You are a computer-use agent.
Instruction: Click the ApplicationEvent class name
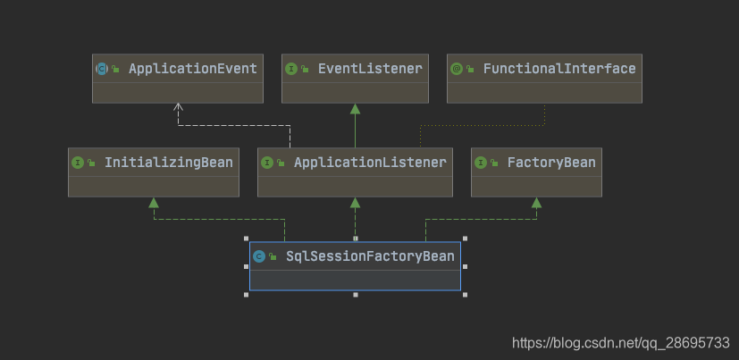[x=192, y=68]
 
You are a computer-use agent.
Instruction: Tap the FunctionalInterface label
[x=558, y=68]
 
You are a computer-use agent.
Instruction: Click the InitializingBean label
[x=168, y=162]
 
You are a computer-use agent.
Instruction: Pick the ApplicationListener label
[x=369, y=162]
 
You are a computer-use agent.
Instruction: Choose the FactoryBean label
[x=550, y=162]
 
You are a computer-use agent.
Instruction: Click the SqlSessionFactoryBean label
[x=370, y=256]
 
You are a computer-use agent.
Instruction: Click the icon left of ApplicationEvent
[x=101, y=69]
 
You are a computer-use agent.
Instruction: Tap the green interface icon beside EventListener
[x=290, y=69]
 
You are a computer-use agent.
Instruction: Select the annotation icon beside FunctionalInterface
[x=456, y=69]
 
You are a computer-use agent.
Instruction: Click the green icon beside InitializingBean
[x=77, y=163]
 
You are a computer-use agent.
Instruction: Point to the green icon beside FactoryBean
[x=481, y=163]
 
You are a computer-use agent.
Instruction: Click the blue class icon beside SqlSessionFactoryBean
[x=258, y=257]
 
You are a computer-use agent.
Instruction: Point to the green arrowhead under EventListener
[x=355, y=108]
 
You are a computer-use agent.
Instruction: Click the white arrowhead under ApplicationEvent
[x=178, y=107]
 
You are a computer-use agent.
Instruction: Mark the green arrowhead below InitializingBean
[x=154, y=203]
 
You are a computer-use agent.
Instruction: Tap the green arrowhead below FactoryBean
[x=536, y=203]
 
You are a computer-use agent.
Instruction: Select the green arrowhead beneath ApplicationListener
[x=355, y=203]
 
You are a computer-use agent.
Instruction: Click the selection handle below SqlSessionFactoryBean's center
[x=355, y=294]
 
